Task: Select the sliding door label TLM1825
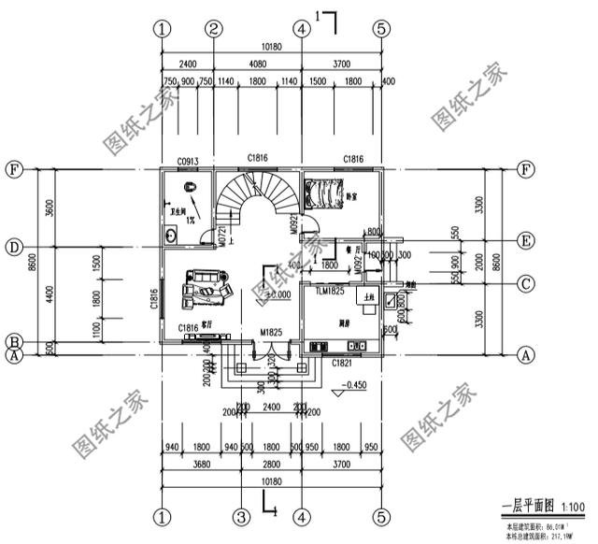[330, 293]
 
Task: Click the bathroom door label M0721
[222, 235]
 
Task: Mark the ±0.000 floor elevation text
[278, 295]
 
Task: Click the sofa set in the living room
[208, 286]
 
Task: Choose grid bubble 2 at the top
[213, 28]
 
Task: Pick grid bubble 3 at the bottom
[240, 516]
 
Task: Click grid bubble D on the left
[14, 248]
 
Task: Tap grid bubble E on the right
[526, 241]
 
